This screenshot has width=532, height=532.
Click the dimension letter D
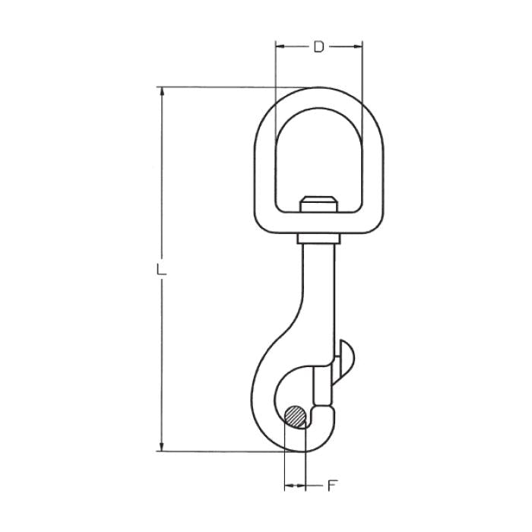pos(318,46)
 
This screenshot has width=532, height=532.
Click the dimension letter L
pos(161,269)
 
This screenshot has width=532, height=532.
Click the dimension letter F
pos(331,486)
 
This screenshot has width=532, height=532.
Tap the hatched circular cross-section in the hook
pos(295,416)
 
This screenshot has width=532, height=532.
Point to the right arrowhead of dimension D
pos(358,46)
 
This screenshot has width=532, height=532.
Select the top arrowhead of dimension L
pos(162,92)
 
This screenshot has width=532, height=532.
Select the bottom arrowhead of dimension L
pos(162,447)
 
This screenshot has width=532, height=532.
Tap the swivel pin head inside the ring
pos(318,204)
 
